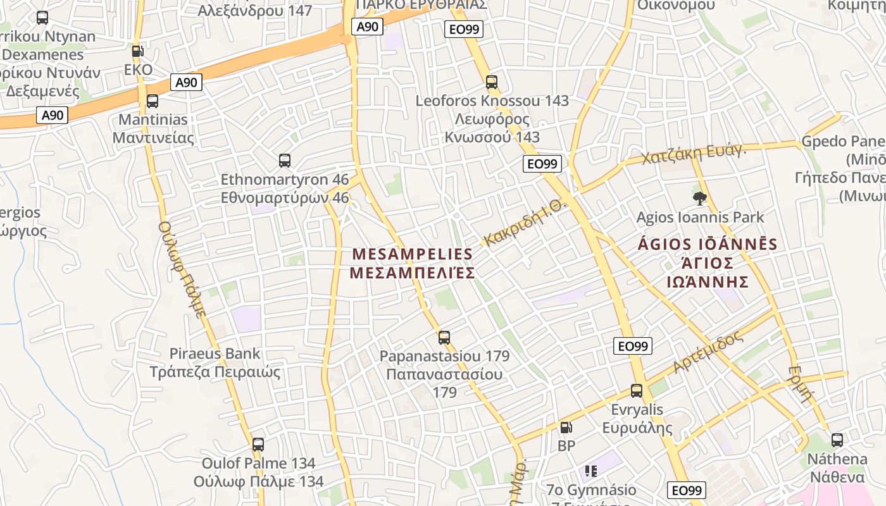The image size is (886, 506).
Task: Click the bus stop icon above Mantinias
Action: [x=152, y=101]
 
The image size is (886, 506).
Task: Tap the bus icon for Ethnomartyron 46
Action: [x=285, y=161]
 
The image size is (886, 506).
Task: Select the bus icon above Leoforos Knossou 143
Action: [x=492, y=82]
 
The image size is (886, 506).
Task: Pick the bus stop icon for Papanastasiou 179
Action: [x=444, y=338]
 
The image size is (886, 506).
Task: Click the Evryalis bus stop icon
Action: [x=637, y=391]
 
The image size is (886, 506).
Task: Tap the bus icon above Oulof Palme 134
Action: [x=258, y=445]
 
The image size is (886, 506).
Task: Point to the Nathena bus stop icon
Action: [x=837, y=440]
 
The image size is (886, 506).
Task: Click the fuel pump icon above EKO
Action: [x=137, y=51]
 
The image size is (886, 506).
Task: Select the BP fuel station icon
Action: [x=566, y=428]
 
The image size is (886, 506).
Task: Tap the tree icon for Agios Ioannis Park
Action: [x=700, y=199]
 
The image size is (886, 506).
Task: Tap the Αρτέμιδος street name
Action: [x=708, y=352]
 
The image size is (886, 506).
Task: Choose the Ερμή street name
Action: [x=801, y=383]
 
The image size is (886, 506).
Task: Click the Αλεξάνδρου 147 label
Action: [x=255, y=10]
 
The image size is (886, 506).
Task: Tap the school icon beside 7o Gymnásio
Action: [x=591, y=471]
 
